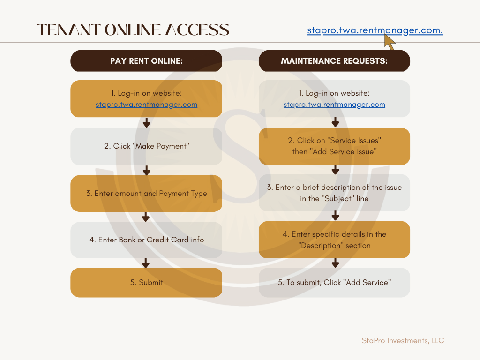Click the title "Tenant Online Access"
coord(133,30)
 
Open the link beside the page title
coord(375,30)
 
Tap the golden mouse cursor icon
coord(390,42)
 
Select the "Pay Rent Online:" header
coord(146,61)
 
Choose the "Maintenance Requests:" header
coord(334,61)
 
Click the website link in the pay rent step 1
coord(146,105)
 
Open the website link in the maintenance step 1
coord(334,105)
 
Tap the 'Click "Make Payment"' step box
coord(146,146)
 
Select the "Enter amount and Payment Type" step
coord(146,194)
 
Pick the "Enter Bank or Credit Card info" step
coord(146,240)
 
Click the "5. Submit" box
coord(146,283)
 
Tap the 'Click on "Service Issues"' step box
coord(334,146)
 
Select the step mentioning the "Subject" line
coord(334,193)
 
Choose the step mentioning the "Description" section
coord(334,240)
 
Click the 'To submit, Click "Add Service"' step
coord(334,283)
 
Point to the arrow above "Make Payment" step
coord(147,122)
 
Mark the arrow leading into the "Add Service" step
coord(336,263)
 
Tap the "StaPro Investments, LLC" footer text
coord(403,341)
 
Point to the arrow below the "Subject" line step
coord(336,216)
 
